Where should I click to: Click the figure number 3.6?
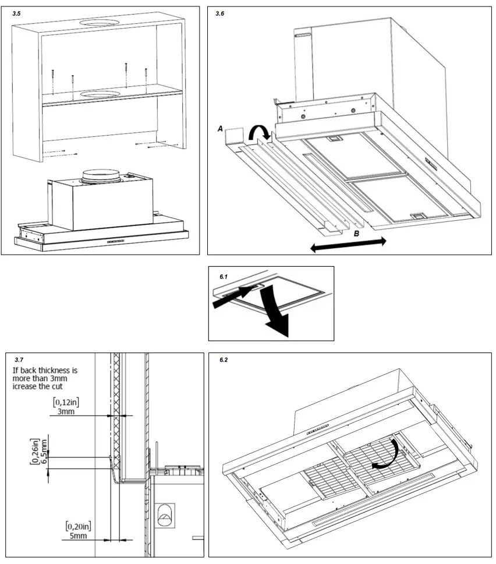pyautogui.click(x=219, y=13)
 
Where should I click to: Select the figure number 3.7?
pyautogui.click(x=18, y=361)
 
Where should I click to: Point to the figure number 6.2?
pyautogui.click(x=224, y=360)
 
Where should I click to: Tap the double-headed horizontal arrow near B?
pyautogui.click(x=348, y=245)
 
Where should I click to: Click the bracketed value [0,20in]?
pyautogui.click(x=79, y=526)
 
